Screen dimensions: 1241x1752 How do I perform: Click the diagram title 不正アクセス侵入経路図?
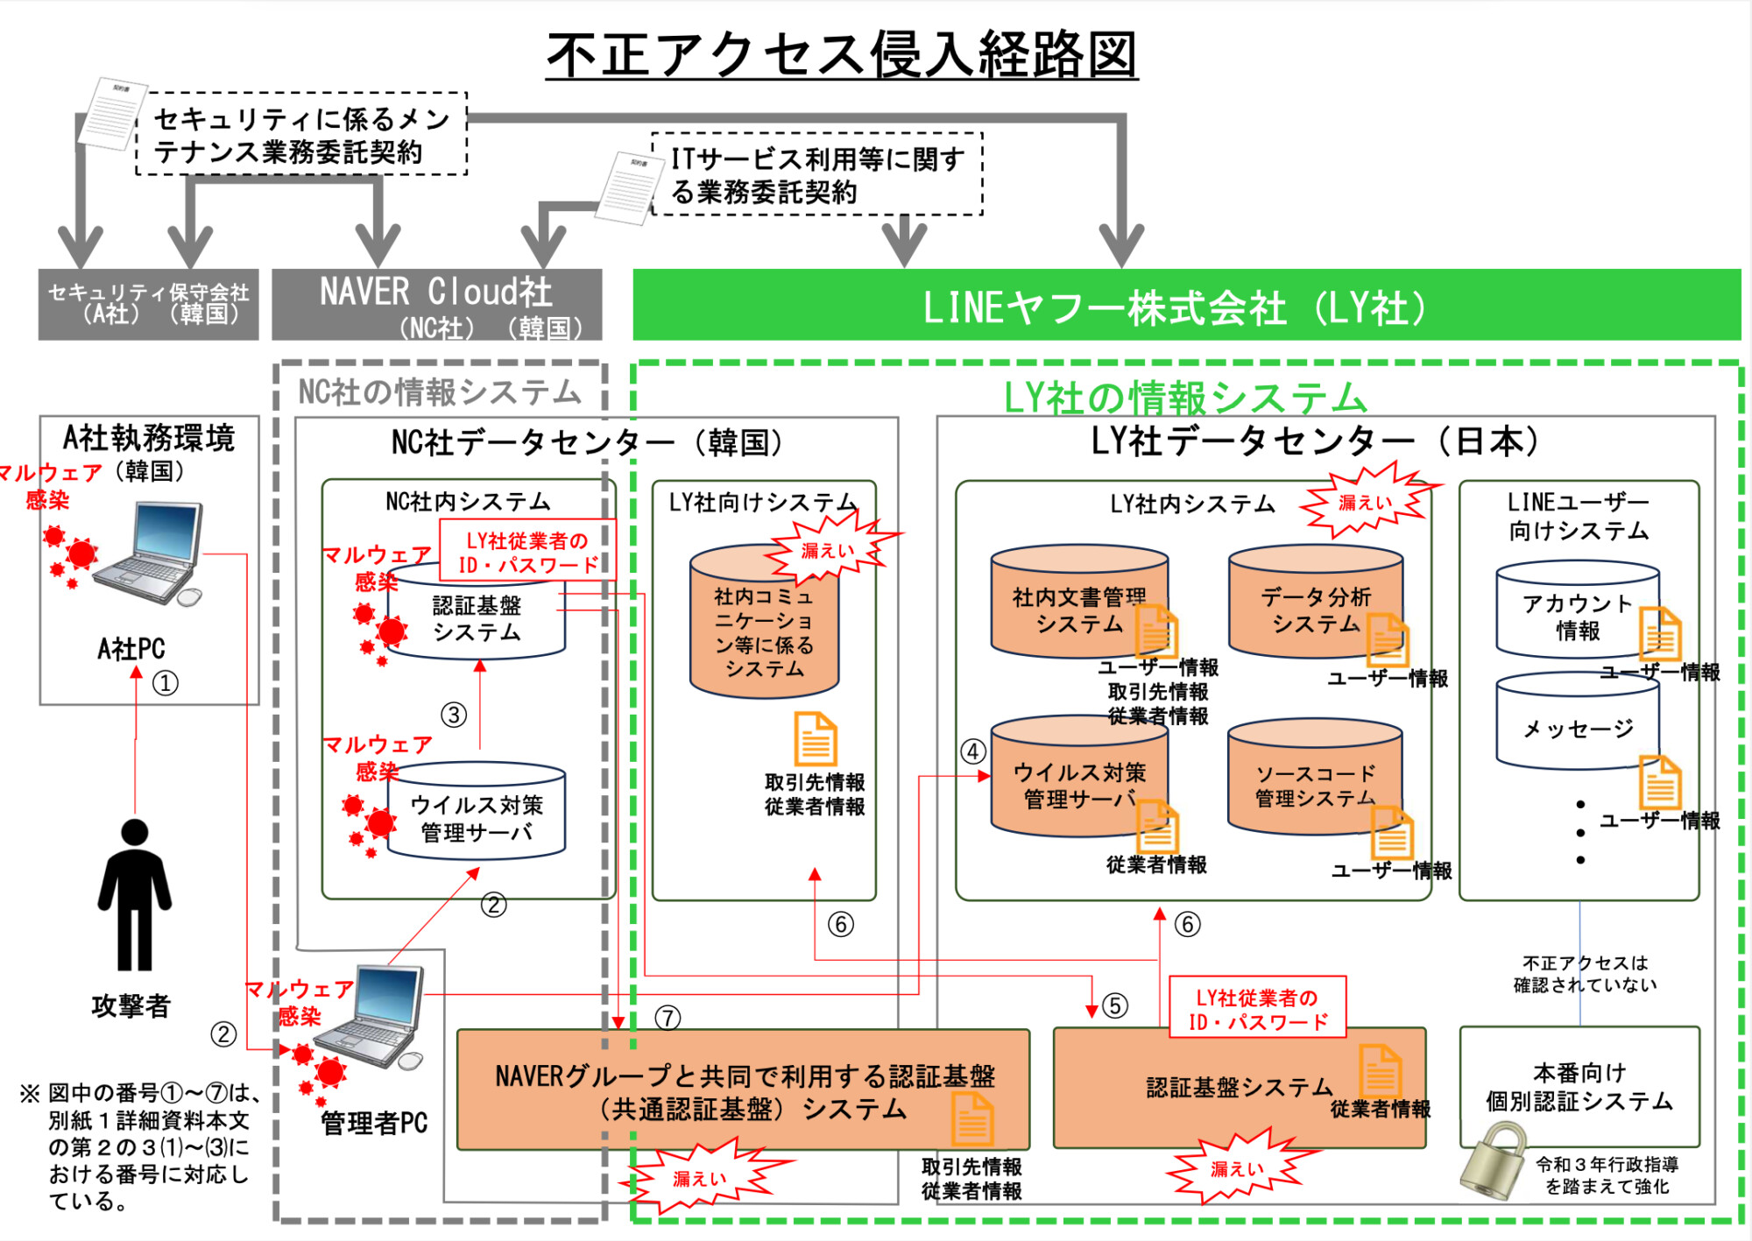click(841, 54)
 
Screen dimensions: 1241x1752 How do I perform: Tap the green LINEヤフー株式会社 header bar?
click(1186, 305)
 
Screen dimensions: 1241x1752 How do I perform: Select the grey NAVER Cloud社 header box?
click(436, 304)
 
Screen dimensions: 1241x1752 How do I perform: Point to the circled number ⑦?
click(668, 1017)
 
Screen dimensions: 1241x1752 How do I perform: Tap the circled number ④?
click(973, 751)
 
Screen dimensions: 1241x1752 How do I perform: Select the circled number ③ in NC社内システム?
click(454, 715)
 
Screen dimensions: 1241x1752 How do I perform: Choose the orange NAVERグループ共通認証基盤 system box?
click(743, 1090)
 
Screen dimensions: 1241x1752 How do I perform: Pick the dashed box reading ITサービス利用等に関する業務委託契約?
click(816, 174)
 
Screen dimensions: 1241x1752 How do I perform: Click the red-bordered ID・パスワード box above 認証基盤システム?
click(1257, 1009)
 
